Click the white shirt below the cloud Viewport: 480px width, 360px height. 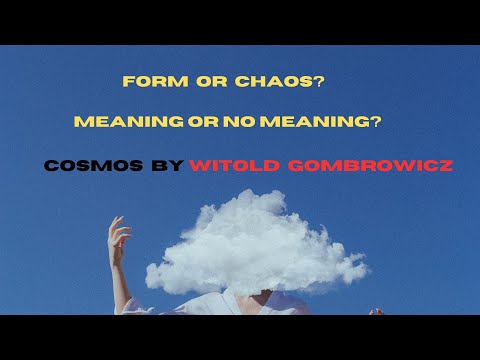pos(200,300)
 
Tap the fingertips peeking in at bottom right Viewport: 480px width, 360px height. pos(376,311)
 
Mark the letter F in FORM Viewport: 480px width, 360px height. pos(127,81)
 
